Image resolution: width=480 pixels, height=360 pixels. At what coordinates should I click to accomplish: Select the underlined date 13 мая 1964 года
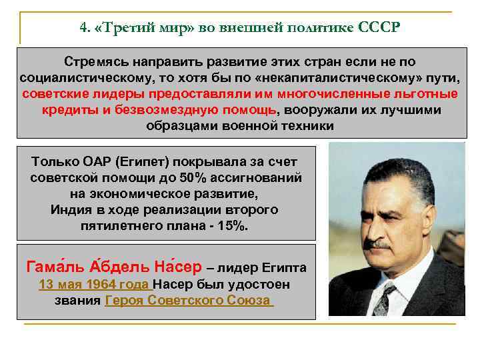tap(93, 285)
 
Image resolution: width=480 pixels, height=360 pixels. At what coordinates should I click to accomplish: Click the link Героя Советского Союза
tap(189, 301)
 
